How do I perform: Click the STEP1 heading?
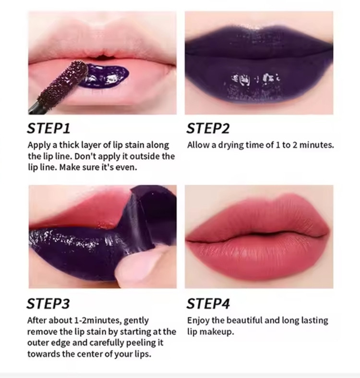coord(48,128)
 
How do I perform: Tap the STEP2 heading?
coord(208,128)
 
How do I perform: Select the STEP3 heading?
coord(48,304)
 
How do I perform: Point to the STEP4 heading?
coord(208,304)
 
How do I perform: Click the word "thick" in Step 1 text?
coord(69,145)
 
